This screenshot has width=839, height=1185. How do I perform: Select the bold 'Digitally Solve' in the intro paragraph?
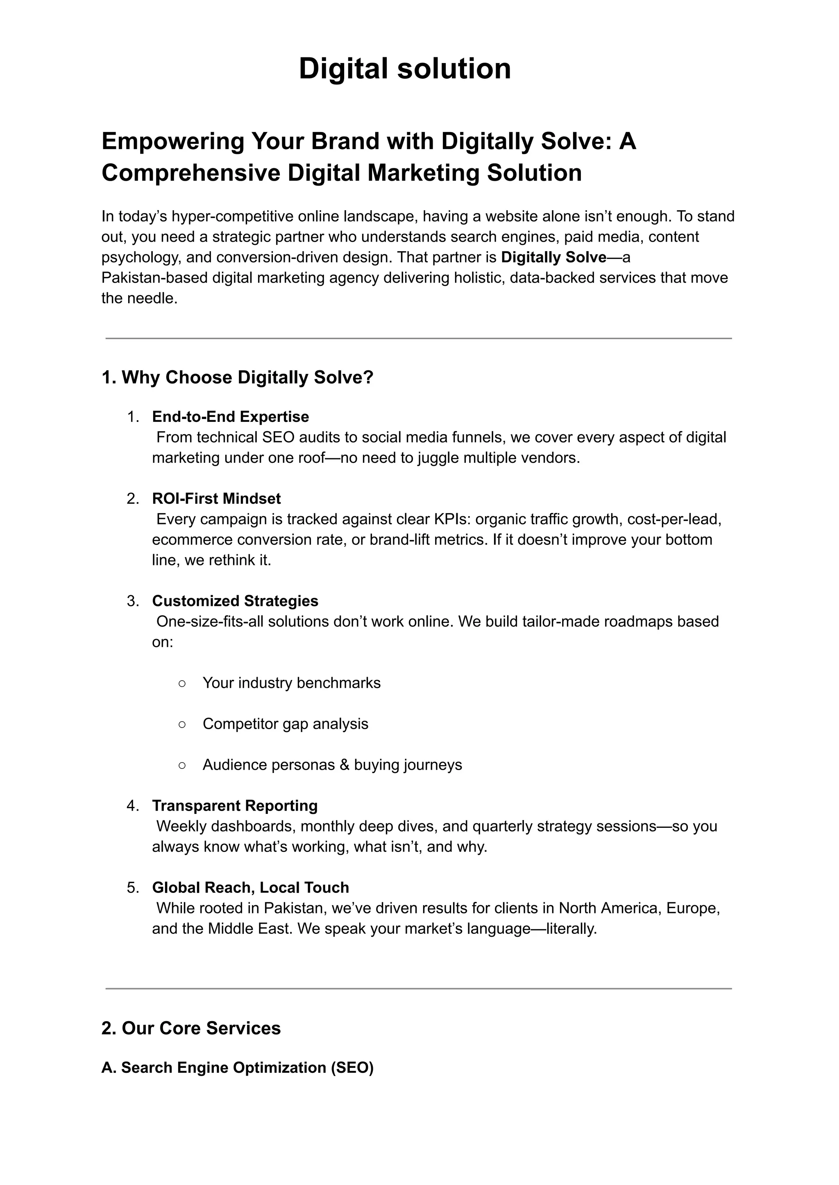[553, 257]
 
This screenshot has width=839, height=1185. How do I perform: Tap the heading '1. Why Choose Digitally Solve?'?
[237, 378]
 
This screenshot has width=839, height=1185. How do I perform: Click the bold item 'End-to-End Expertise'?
[230, 417]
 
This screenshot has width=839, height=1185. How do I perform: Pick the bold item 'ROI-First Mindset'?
[216, 498]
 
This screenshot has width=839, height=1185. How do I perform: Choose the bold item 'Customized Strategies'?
[235, 601]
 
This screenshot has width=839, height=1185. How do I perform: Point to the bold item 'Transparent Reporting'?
[235, 806]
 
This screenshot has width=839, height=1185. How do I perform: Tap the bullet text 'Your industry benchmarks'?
[291, 683]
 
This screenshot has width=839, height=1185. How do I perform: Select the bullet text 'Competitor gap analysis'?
[285, 724]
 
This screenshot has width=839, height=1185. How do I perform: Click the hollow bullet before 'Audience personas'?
[182, 765]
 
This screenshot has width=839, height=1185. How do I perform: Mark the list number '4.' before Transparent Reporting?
[133, 806]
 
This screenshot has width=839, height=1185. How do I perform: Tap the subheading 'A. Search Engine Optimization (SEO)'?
[237, 1067]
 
